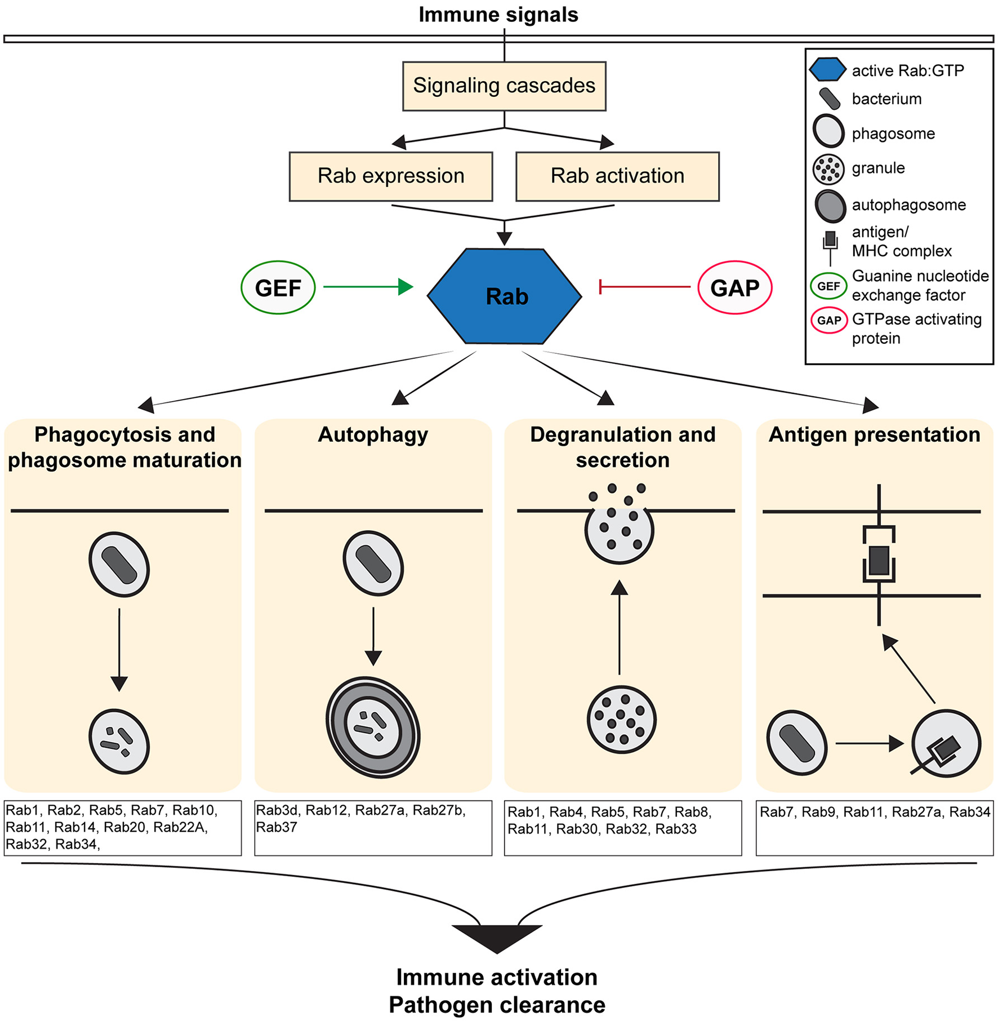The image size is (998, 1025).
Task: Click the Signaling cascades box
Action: (x=504, y=86)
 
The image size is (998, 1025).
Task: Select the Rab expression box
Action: (x=391, y=176)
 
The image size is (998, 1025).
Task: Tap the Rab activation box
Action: (x=617, y=176)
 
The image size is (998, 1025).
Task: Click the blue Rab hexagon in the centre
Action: (x=505, y=296)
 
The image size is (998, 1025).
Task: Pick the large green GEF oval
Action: (x=278, y=287)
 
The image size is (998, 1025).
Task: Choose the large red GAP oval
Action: (x=734, y=287)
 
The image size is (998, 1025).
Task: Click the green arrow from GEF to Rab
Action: (x=366, y=287)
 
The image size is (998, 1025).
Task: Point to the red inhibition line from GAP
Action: (x=645, y=287)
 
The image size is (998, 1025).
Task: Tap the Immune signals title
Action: (x=498, y=15)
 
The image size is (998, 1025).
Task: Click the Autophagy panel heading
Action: (x=373, y=434)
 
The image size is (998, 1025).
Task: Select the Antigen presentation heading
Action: (x=874, y=434)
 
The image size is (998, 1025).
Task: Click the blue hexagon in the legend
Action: (x=827, y=69)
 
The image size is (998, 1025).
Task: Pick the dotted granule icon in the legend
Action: (x=828, y=169)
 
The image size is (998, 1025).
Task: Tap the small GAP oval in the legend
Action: (x=829, y=321)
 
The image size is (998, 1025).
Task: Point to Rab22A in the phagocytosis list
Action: (x=180, y=827)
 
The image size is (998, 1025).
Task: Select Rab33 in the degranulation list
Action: (x=676, y=829)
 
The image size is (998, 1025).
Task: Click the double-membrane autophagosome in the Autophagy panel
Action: (x=373, y=727)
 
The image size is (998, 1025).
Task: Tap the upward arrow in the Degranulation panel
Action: (x=620, y=625)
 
